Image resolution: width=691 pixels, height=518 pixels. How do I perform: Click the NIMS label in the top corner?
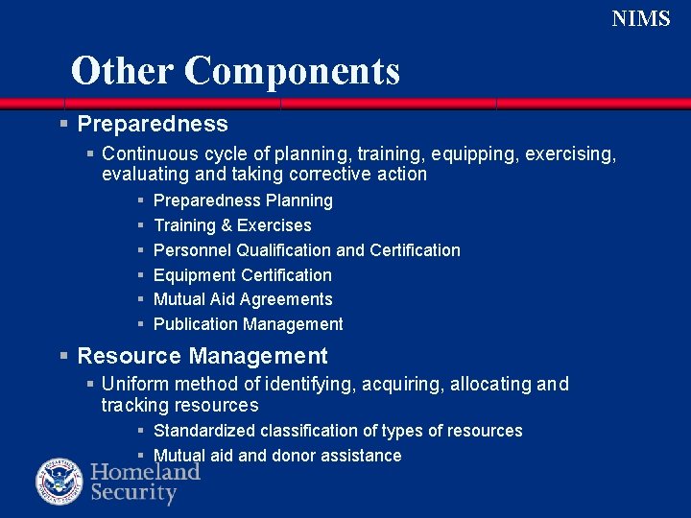641,18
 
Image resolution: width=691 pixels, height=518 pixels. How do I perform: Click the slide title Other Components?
235,71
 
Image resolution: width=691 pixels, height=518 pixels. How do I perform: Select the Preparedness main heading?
152,124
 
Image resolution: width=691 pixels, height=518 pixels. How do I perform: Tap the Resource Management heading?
202,356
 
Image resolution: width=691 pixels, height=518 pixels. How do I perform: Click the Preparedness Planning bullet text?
243,200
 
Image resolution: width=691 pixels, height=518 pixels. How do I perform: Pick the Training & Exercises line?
232,225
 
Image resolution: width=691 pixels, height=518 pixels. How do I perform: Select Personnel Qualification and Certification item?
306,250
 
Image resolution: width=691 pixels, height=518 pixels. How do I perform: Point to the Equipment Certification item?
242,275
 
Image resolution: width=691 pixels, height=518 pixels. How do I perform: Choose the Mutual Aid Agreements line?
243,299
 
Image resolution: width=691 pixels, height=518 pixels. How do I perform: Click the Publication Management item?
248,324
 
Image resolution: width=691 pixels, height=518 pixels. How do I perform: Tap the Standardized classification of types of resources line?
338,431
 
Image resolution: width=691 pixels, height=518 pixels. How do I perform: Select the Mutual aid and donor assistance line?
277,456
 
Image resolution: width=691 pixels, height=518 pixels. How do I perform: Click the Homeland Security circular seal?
60,483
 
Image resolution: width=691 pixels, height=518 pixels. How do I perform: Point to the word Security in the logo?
134,494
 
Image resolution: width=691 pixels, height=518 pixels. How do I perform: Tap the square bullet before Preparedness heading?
63,124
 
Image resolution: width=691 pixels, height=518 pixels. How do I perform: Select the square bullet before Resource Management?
63,356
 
